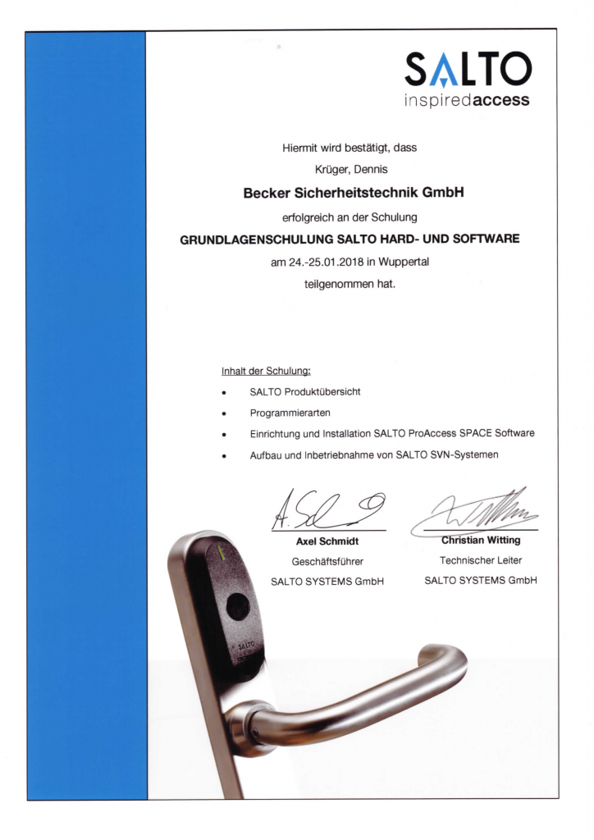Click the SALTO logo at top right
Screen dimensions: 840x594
(x=468, y=71)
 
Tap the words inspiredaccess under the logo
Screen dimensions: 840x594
(x=468, y=102)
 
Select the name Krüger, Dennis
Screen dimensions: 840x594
(x=350, y=171)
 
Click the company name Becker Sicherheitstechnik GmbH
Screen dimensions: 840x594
(x=354, y=194)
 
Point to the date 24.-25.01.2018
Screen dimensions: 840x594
(x=328, y=262)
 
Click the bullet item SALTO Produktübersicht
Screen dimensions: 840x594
(x=304, y=391)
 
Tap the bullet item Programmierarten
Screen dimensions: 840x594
(x=290, y=413)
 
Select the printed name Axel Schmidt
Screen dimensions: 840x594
(x=327, y=542)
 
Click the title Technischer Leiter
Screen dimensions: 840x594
(x=481, y=559)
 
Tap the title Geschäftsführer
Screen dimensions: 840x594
(x=327, y=562)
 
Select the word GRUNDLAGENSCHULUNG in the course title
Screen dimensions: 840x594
(x=256, y=240)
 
